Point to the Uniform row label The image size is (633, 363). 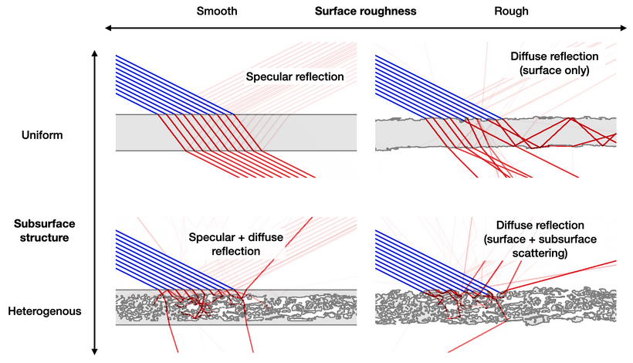pyautogui.click(x=42, y=135)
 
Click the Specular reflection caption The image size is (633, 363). pyautogui.click(x=294, y=76)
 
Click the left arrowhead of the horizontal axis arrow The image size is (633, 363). pyautogui.click(x=109, y=29)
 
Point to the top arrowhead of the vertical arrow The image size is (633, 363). pyautogui.click(x=94, y=54)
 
